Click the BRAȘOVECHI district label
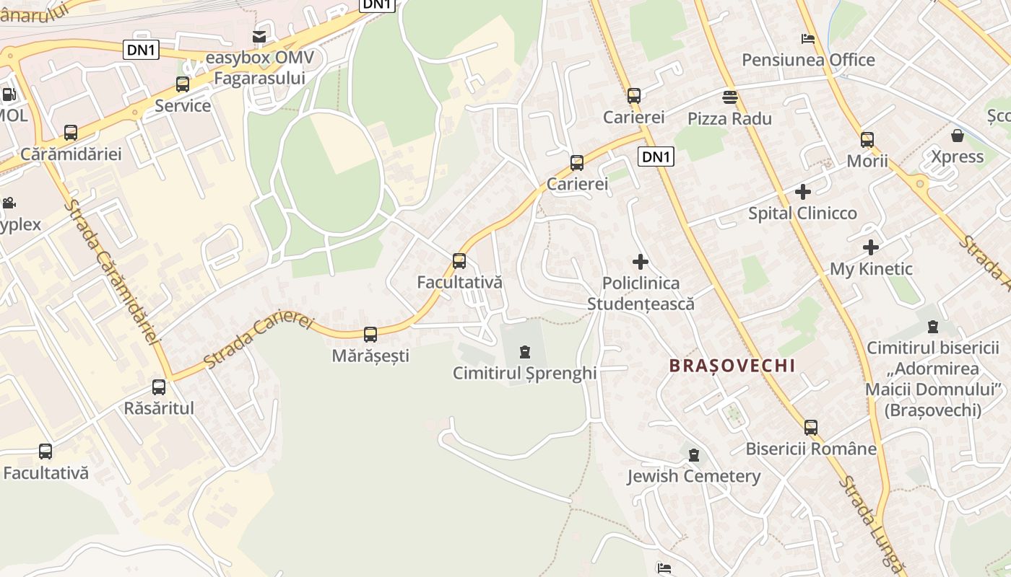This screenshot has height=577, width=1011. coord(732,366)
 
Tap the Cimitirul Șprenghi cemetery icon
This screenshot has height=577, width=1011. coord(525,353)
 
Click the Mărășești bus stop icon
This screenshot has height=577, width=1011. coord(370,335)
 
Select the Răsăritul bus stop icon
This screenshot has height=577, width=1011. coord(159,387)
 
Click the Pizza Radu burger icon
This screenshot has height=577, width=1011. coord(729,97)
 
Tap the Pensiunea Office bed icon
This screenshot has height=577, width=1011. coord(808,38)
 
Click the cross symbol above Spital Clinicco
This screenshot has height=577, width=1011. coord(802,192)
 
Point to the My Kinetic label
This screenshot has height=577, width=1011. coord(871,269)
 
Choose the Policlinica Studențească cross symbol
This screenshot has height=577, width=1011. coord(640,262)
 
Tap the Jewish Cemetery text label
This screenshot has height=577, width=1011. coord(693,476)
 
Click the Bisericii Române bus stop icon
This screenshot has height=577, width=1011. coord(811,428)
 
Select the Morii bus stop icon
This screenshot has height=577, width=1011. coord(867,140)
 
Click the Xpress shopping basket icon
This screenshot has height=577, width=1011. coord(958,136)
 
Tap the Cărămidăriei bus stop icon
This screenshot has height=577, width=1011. coord(71,133)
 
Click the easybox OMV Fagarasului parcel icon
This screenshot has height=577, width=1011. coord(259,36)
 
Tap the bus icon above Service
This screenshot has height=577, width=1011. coord(183,84)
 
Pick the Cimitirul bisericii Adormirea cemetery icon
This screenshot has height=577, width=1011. coord(932,327)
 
